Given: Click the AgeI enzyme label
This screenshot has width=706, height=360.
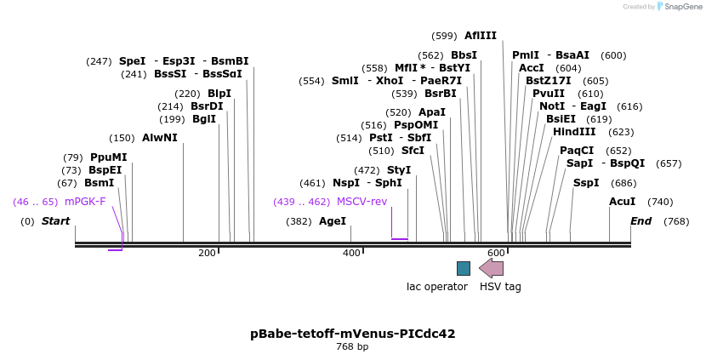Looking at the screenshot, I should coord(333,221).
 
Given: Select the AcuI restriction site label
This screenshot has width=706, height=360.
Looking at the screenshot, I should coord(622,202).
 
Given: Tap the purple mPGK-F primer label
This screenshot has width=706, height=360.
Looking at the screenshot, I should coord(85,202).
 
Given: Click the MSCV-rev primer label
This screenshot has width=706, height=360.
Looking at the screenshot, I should coord(362,202).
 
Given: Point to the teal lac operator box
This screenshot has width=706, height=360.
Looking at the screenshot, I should coord(463,268).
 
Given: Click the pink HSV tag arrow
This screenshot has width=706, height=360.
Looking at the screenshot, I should coord(492,268).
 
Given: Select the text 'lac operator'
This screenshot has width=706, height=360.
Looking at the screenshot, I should coord(437,287).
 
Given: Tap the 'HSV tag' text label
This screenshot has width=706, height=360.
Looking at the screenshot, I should coord(500,287).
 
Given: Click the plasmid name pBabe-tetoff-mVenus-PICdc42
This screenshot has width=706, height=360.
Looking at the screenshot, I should coord(352,334).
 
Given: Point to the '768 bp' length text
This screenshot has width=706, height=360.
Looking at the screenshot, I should coord(352,347).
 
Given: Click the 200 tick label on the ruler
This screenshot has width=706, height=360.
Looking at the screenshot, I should coord(207,254).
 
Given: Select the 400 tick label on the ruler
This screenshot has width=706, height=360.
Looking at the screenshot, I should coord(351,254).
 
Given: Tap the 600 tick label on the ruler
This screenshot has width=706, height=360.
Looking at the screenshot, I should coord(496,254).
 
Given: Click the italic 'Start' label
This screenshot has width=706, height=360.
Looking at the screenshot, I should coord(55,221).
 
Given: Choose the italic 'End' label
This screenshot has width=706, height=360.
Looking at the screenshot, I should coord(641,221).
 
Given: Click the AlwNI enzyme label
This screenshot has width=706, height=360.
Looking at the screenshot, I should coord(160,138).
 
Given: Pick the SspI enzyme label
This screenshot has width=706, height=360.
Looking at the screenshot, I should coord(586,183).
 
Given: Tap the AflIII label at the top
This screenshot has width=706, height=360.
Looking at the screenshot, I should coord(481,36).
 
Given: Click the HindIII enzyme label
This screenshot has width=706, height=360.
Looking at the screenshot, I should coord(574,132).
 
